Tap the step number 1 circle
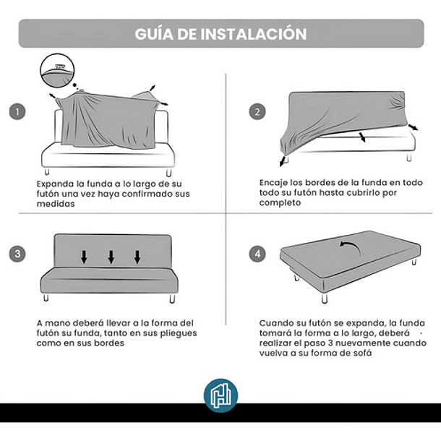17,111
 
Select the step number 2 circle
257,111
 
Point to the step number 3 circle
17,254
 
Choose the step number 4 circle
257,254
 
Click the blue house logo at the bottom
220,395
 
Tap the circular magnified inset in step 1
57,70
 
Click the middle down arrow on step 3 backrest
111,257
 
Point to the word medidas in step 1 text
56,204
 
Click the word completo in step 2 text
280,202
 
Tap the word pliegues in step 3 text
179,333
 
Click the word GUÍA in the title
154,33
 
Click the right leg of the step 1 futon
168,173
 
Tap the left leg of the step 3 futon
46,298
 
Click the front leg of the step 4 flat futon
325,299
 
